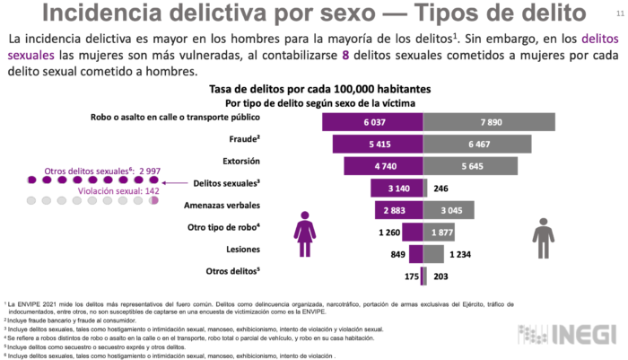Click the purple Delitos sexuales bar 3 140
coord(397,188)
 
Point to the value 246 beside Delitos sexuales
coord(440,189)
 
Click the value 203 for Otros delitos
coord(440,277)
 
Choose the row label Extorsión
coord(240,162)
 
